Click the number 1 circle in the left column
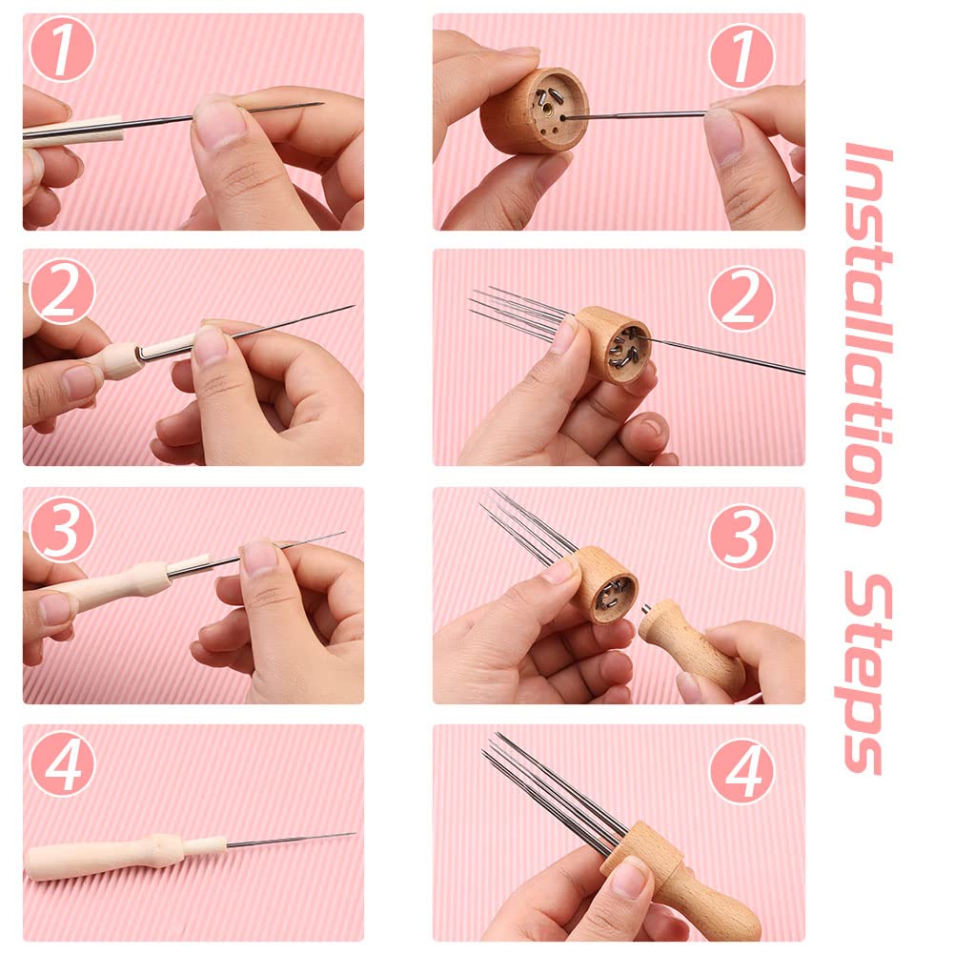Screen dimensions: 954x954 click(63, 51)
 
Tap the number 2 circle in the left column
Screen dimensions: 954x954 click(63, 291)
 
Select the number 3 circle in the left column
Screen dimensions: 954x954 click(63, 529)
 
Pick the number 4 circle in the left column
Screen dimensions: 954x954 click(63, 765)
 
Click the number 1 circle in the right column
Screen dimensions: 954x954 click(741, 55)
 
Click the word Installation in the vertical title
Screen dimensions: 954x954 click(868, 334)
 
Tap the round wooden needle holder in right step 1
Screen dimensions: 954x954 click(534, 111)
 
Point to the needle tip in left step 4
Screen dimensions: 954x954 click(351, 835)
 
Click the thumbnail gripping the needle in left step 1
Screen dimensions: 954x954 click(221, 123)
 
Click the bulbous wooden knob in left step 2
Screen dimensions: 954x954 click(121, 359)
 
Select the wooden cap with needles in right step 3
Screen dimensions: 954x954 click(605, 583)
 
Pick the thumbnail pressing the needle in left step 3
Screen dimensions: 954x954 click(259, 558)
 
